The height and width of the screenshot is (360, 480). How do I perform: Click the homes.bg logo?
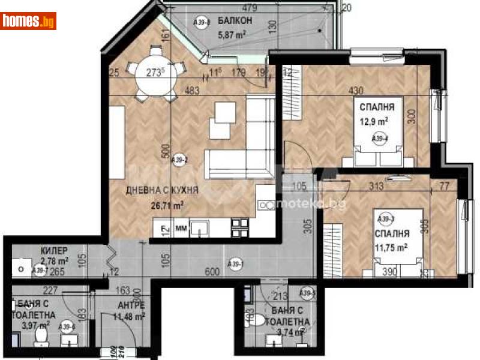[x=29, y=21]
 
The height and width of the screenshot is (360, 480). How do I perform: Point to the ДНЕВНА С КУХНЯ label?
[x=161, y=191]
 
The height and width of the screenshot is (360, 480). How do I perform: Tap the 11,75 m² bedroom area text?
[x=393, y=247]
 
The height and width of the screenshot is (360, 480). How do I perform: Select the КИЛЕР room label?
[x=54, y=250]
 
